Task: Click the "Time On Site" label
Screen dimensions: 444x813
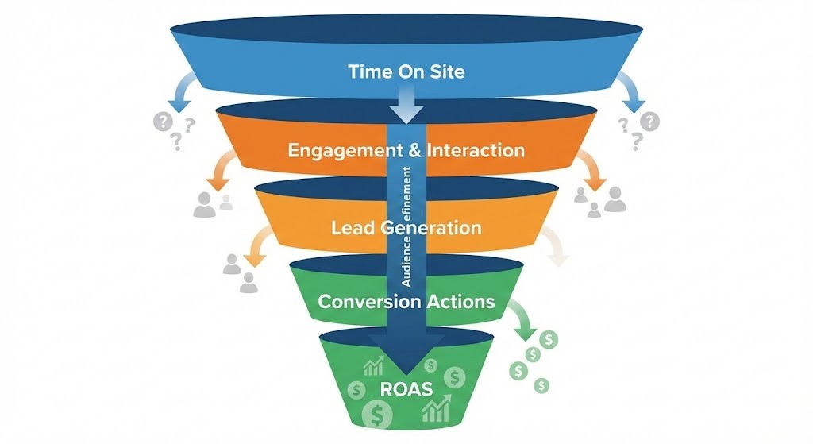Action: coord(406,71)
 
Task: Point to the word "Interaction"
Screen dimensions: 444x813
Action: coord(475,149)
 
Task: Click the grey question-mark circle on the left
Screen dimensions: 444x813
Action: coord(164,122)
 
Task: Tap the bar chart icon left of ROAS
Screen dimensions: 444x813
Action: coord(372,367)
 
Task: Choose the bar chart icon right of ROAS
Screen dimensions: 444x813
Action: coord(435,408)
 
